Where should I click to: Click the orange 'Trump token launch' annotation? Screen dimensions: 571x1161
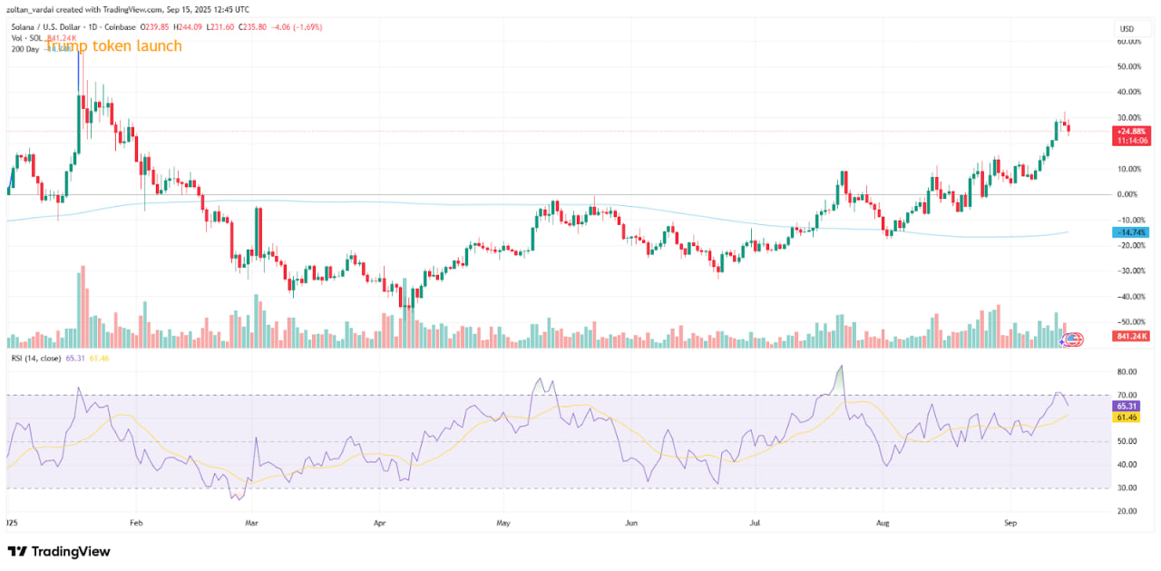[x=114, y=45]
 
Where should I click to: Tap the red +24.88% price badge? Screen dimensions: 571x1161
[x=1129, y=132]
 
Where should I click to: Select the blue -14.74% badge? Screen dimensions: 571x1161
[x=1129, y=233]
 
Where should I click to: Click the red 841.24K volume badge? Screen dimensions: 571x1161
[x=1129, y=337]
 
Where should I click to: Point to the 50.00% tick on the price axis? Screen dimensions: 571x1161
[x=1128, y=66]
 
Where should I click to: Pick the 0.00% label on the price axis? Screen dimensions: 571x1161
[x=1128, y=194]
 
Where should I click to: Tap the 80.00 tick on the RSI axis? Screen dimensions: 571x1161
[x=1128, y=371]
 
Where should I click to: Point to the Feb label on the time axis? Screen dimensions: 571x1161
[x=137, y=524]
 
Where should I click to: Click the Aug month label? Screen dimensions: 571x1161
[x=883, y=524]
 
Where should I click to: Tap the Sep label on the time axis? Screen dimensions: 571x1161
[x=1012, y=524]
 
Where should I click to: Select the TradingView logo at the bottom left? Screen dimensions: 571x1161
[x=59, y=551]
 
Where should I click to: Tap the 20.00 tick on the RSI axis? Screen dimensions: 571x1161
[x=1128, y=511]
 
